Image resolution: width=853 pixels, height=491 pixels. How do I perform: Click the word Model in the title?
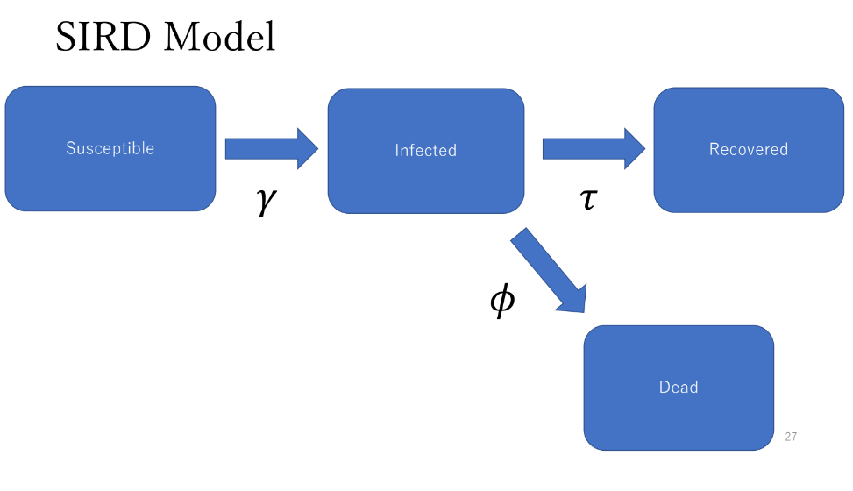click(x=220, y=37)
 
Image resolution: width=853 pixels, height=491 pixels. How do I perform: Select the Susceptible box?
click(x=110, y=148)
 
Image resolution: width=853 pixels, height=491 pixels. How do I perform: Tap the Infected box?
click(x=426, y=151)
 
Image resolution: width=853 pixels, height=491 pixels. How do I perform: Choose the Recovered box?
click(x=749, y=150)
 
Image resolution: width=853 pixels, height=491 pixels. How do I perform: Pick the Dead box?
click(x=679, y=388)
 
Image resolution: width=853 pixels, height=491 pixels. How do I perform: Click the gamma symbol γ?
click(x=266, y=201)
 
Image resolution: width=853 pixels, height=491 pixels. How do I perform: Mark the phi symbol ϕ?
click(x=501, y=300)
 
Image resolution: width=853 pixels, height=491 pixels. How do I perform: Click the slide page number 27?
click(x=791, y=437)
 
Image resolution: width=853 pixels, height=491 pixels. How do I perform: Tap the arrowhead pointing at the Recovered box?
click(x=635, y=148)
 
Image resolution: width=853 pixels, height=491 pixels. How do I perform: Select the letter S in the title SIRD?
click(x=67, y=37)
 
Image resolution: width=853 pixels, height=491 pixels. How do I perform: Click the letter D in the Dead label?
click(x=665, y=388)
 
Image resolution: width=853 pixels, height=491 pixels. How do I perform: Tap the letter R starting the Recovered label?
click(x=714, y=150)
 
